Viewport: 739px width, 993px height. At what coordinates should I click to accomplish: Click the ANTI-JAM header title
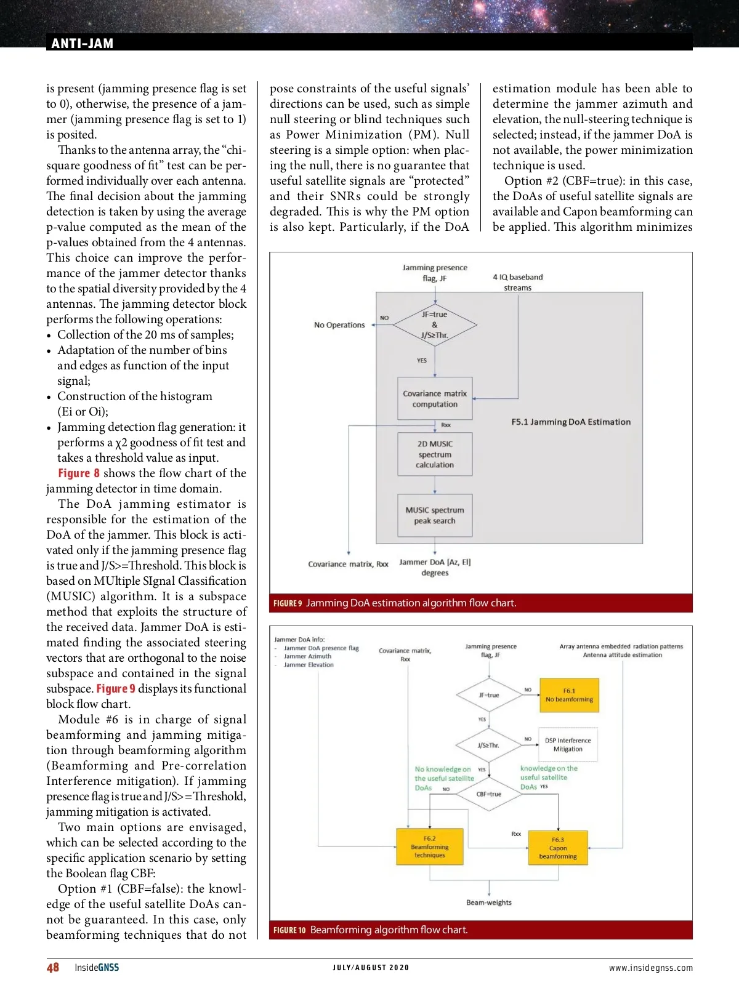[x=82, y=43]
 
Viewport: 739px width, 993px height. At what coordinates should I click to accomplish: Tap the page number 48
[x=53, y=967]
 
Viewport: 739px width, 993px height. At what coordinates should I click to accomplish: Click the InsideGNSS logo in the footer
[x=97, y=967]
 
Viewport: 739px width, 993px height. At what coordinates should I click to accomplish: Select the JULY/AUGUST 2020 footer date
[x=371, y=968]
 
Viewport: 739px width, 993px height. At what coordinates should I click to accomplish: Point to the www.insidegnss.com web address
[x=650, y=968]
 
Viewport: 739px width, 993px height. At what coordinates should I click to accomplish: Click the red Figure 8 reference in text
[x=79, y=473]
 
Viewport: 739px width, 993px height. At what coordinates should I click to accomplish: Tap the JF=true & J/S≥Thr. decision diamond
[x=435, y=324]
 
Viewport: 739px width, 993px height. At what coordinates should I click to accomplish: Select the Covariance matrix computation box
[x=435, y=399]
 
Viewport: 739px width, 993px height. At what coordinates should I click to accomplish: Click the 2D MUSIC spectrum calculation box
[x=435, y=454]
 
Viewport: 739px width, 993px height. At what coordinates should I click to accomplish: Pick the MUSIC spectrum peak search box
[x=435, y=515]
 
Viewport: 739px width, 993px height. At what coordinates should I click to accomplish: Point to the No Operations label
[x=339, y=325]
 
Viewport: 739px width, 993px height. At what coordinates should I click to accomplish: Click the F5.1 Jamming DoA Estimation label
[x=571, y=422]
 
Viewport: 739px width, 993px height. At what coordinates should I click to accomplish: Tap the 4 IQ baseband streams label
[x=518, y=282]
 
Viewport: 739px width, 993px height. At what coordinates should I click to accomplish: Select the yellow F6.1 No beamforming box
[x=569, y=695]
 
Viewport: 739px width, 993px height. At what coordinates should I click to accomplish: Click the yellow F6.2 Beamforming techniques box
[x=429, y=846]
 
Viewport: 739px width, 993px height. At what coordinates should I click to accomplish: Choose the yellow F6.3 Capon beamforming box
[x=558, y=848]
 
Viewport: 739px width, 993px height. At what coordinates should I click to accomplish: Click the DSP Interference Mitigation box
[x=568, y=745]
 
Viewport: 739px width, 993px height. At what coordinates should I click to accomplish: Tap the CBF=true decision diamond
[x=489, y=794]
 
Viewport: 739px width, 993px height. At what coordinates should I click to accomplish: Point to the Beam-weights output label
[x=489, y=903]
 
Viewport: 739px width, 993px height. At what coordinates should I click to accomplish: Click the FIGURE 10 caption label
[x=289, y=930]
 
